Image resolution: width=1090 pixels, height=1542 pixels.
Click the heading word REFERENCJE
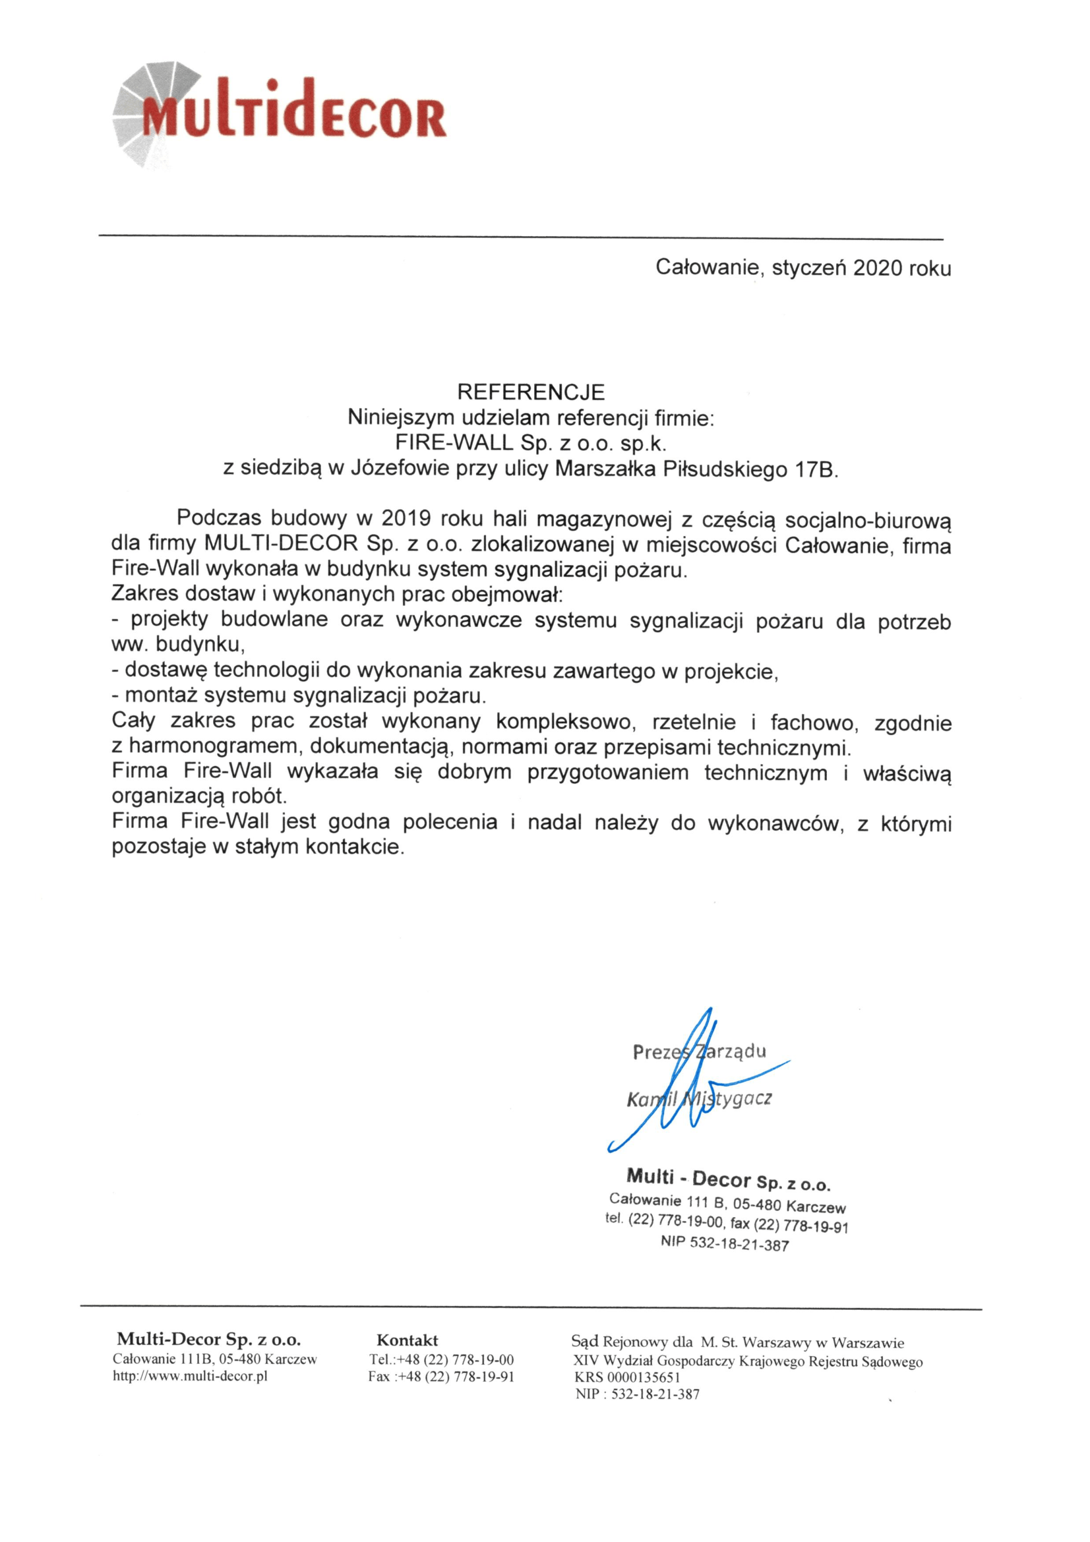pyautogui.click(x=531, y=392)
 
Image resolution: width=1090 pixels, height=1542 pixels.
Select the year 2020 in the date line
pyautogui.click(x=877, y=268)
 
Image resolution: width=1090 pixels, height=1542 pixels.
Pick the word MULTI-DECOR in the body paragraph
pyautogui.click(x=282, y=543)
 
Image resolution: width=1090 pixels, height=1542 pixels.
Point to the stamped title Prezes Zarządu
pyautogui.click(x=698, y=1051)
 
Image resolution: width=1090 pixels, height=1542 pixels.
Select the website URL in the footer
pyautogui.click(x=190, y=1376)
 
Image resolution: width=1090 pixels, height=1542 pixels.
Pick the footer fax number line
pyautogui.click(x=440, y=1377)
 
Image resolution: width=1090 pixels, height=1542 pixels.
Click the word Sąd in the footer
pyautogui.click(x=584, y=1342)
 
